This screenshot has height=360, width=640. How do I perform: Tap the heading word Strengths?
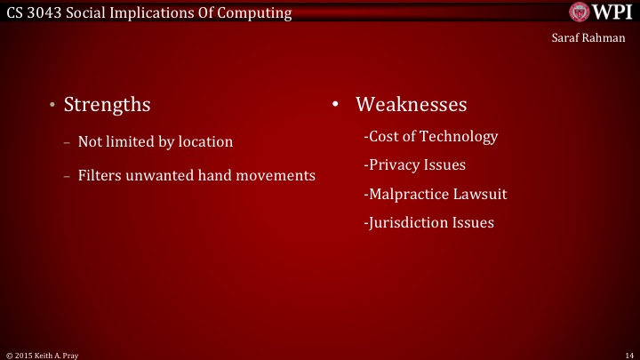click(x=107, y=105)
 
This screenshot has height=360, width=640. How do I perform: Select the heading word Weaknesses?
click(x=411, y=105)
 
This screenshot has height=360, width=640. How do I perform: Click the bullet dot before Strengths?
click(x=52, y=106)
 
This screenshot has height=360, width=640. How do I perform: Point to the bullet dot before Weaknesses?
click(x=336, y=105)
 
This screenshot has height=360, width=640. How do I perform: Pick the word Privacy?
click(x=395, y=165)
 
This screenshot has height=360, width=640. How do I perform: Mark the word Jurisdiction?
click(x=408, y=222)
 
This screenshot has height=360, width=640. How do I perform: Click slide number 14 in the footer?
click(x=628, y=354)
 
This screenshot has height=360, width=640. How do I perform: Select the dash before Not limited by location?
click(x=68, y=142)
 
